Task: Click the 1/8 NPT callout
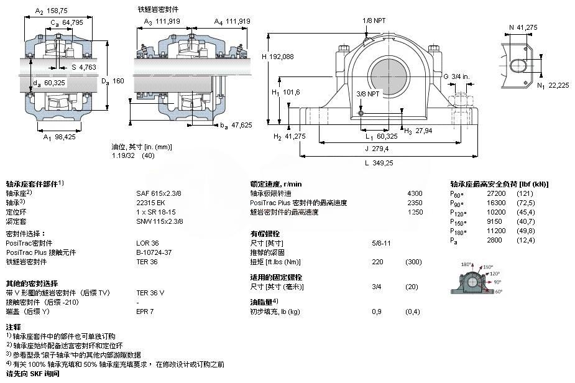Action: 374,21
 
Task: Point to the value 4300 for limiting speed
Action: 415,193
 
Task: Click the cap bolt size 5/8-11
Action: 381,242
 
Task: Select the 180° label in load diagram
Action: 466,265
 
